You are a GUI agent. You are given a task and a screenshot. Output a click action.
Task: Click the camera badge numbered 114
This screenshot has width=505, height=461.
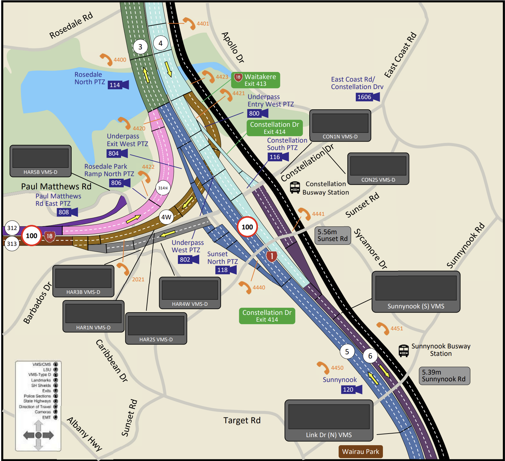(118, 85)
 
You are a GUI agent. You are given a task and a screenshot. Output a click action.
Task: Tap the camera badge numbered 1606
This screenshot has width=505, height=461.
(367, 97)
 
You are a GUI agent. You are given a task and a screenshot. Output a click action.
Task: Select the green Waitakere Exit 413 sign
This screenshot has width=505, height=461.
(255, 80)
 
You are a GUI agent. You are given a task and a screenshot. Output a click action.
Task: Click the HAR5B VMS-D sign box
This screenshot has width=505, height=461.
(40, 161)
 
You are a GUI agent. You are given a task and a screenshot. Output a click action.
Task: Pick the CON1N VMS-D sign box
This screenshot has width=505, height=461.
(340, 125)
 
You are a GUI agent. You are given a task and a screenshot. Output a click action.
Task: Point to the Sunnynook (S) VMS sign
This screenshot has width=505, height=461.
(416, 292)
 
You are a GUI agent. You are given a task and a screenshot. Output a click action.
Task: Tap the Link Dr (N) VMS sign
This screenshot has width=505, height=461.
(329, 420)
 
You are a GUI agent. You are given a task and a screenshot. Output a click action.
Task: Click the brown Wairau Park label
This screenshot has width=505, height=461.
(360, 451)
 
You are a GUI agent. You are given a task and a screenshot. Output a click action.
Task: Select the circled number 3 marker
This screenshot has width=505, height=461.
(140, 47)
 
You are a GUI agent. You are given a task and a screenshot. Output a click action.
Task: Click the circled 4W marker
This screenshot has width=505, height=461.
(166, 217)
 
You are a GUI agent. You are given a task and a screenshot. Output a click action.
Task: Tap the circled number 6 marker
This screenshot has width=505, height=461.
(370, 356)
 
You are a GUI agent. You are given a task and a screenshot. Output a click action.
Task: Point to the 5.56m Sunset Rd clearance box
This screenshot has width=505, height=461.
(332, 235)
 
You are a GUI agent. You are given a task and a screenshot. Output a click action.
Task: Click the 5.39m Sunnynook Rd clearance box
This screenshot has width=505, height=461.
(444, 376)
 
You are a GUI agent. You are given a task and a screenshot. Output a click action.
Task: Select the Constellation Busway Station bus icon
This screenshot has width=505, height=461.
(295, 187)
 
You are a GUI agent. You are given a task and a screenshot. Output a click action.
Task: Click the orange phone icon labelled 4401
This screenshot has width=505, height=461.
(189, 23)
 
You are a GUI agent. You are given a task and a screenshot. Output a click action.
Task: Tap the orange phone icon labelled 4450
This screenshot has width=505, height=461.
(323, 367)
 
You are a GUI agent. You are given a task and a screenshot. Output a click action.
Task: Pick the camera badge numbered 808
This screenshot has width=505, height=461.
(67, 212)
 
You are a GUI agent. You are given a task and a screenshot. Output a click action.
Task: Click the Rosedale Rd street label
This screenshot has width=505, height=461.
(71, 25)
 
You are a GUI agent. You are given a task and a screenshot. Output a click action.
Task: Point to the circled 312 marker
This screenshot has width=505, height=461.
(12, 228)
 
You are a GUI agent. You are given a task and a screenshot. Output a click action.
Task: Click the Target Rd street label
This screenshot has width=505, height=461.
(242, 420)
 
